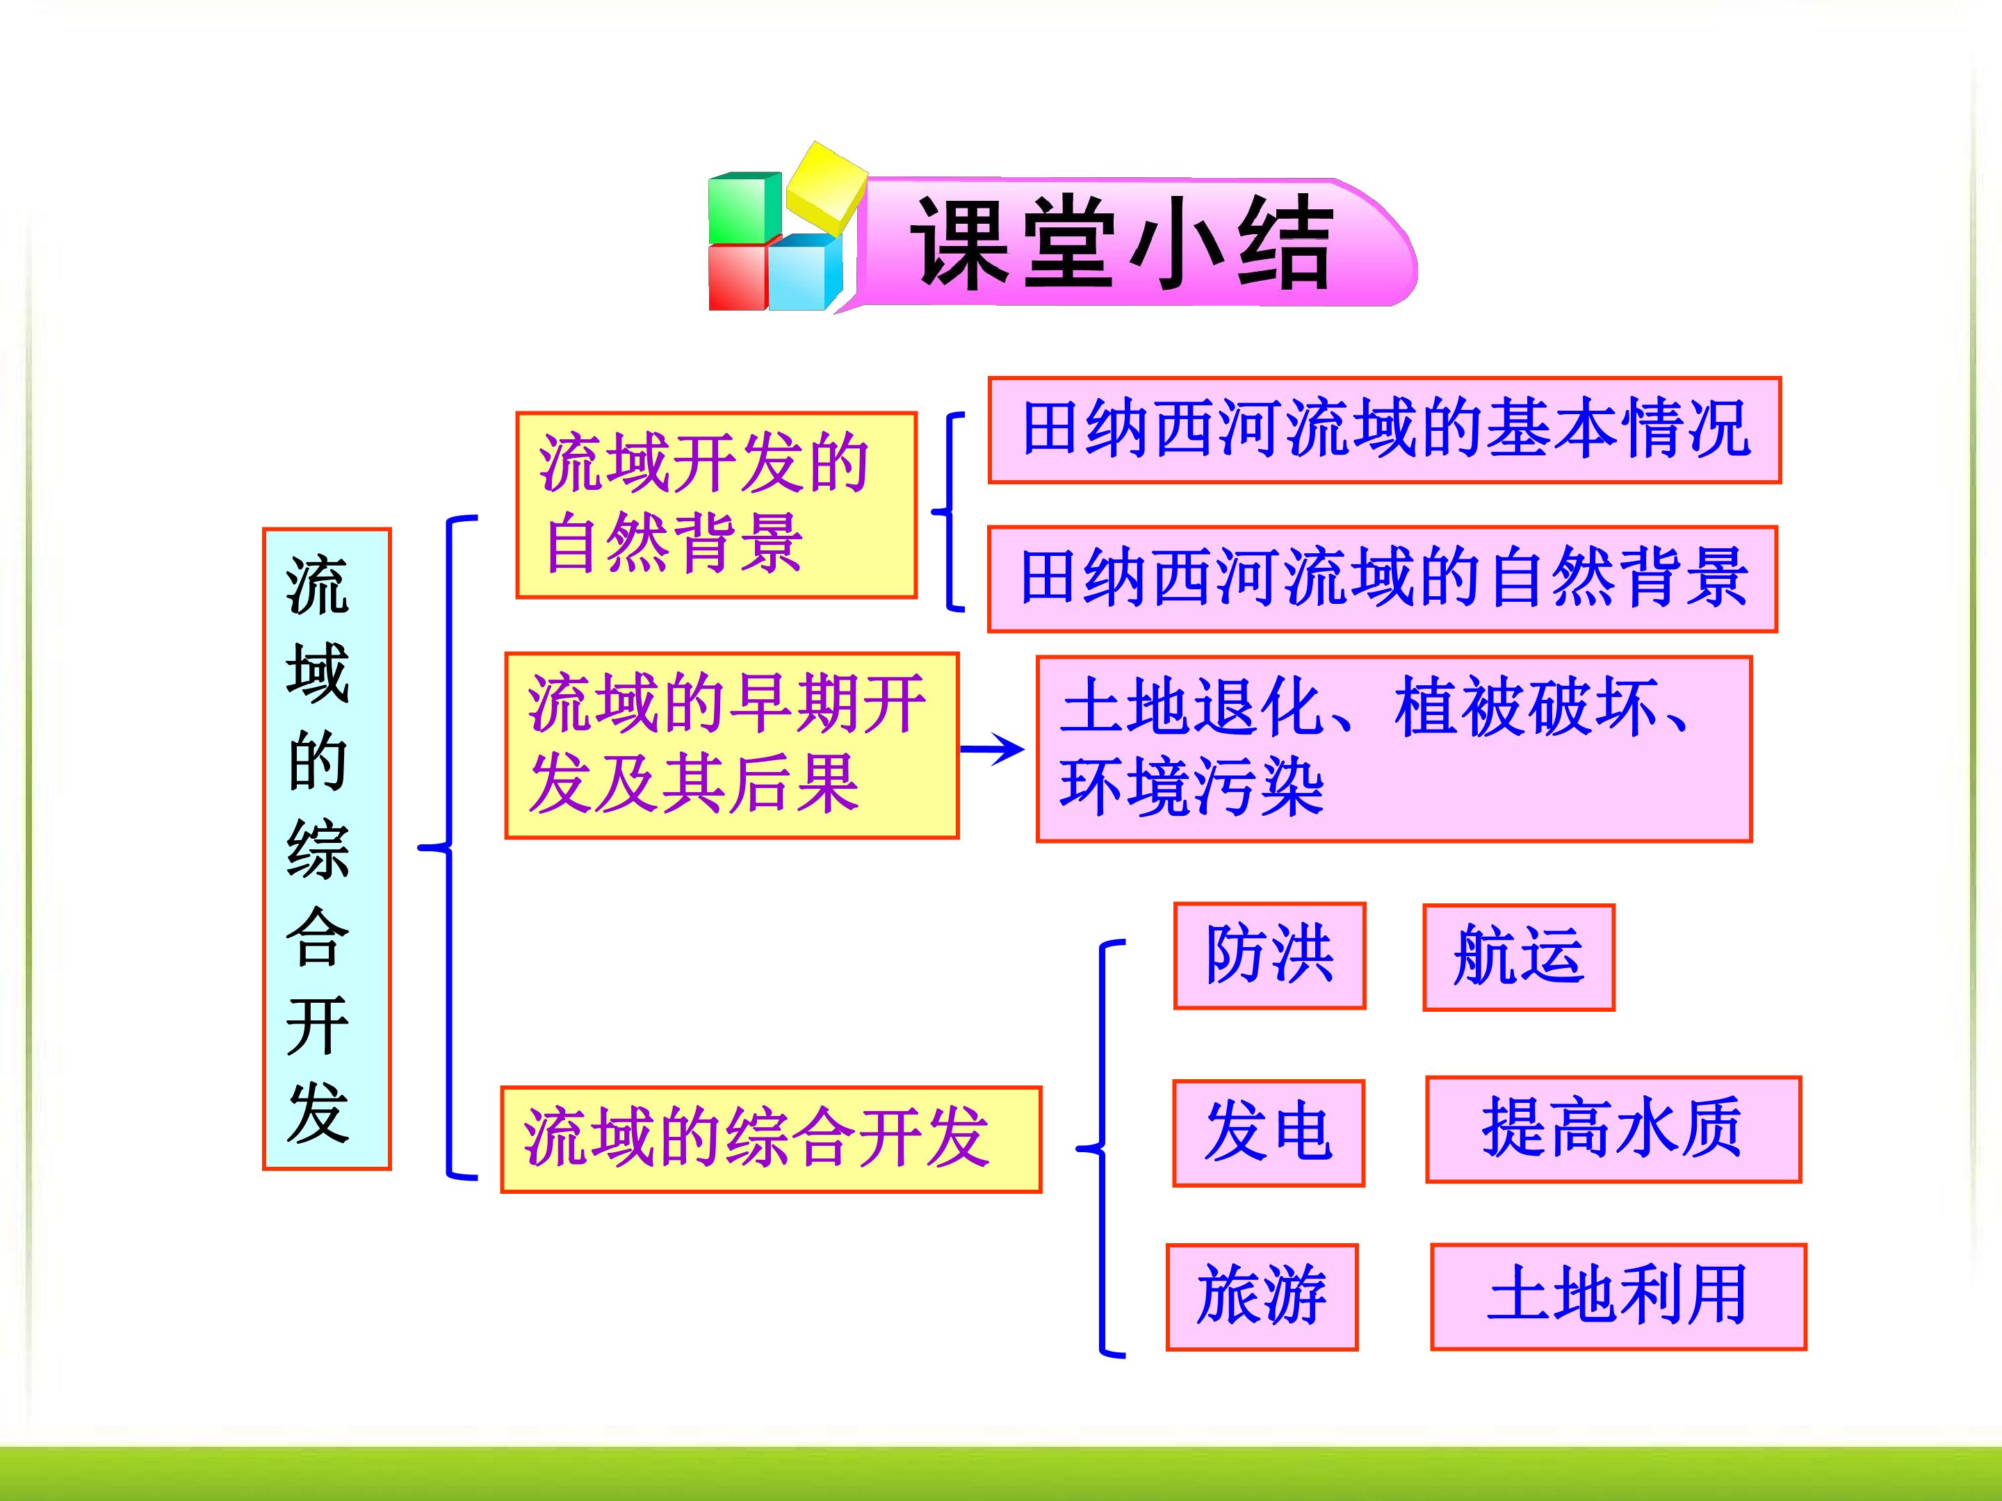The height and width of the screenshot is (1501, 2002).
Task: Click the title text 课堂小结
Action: [1121, 245]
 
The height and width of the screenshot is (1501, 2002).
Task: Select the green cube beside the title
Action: [744, 207]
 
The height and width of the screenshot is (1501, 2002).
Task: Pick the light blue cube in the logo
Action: [804, 272]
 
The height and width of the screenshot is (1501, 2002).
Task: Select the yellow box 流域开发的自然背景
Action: [716, 505]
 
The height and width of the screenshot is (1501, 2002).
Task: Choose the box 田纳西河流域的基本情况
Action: [1384, 429]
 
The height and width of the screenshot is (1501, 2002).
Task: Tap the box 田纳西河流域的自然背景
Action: [1382, 579]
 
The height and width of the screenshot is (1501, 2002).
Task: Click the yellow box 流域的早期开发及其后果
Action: [731, 746]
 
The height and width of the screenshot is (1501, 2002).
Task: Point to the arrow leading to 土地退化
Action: [992, 748]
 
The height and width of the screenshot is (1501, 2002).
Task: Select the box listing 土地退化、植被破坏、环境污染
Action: [1394, 749]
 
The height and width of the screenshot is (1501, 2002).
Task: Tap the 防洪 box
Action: [1269, 955]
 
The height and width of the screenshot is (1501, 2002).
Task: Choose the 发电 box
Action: [1268, 1133]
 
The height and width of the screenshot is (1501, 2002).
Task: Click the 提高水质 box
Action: [1613, 1129]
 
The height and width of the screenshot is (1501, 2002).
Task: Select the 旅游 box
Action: [1262, 1297]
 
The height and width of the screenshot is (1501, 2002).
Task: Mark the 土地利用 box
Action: [1618, 1297]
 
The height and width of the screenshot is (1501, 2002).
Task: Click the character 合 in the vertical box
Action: [318, 937]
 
